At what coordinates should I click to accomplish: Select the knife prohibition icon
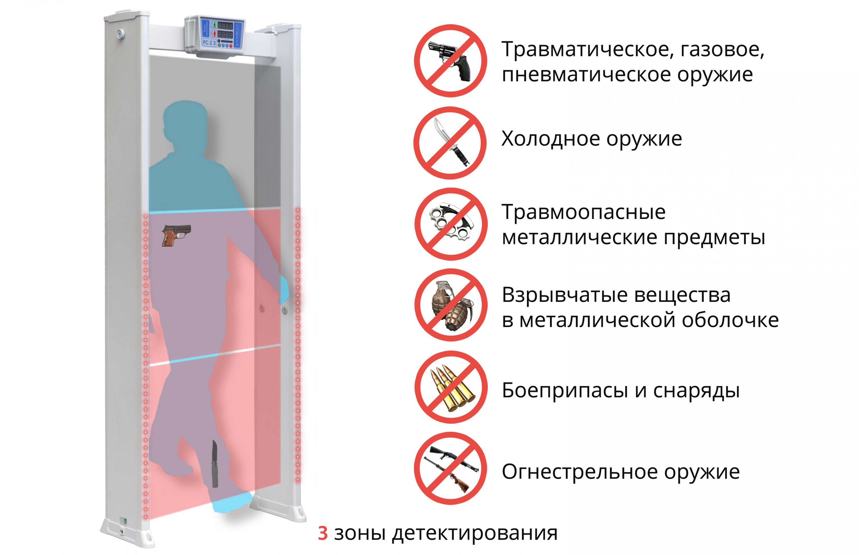[x=450, y=143]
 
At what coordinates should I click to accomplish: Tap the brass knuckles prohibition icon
[x=451, y=224]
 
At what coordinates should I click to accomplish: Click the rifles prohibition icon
[x=451, y=468]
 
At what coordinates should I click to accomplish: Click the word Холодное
[x=551, y=139]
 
